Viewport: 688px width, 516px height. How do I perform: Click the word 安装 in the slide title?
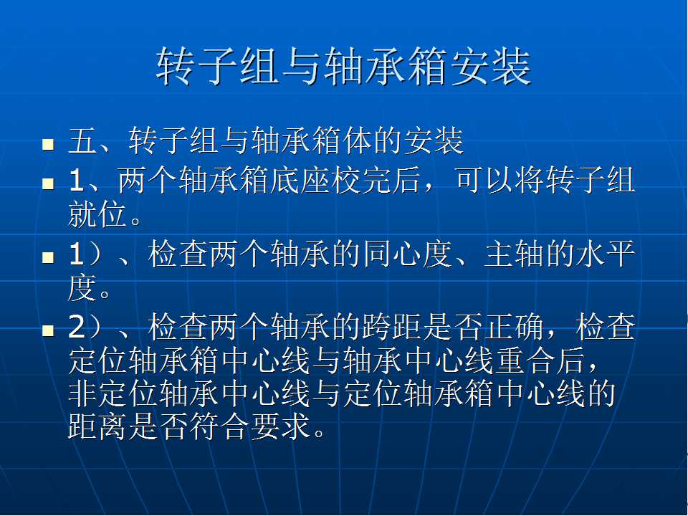[x=491, y=67]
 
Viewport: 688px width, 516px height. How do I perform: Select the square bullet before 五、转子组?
[x=48, y=144]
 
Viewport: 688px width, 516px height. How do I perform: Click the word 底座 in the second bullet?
[x=300, y=181]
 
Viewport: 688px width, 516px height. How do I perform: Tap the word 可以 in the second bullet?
[x=484, y=181]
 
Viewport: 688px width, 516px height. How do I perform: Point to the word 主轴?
[x=514, y=254]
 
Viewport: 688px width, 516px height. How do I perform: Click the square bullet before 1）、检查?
[x=48, y=257]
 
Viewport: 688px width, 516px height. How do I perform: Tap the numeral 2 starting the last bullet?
[x=77, y=327]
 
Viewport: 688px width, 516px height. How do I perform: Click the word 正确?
[x=514, y=328]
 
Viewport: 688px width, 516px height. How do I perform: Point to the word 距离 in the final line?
[x=98, y=426]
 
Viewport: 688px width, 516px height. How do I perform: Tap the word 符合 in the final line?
[x=220, y=426]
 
